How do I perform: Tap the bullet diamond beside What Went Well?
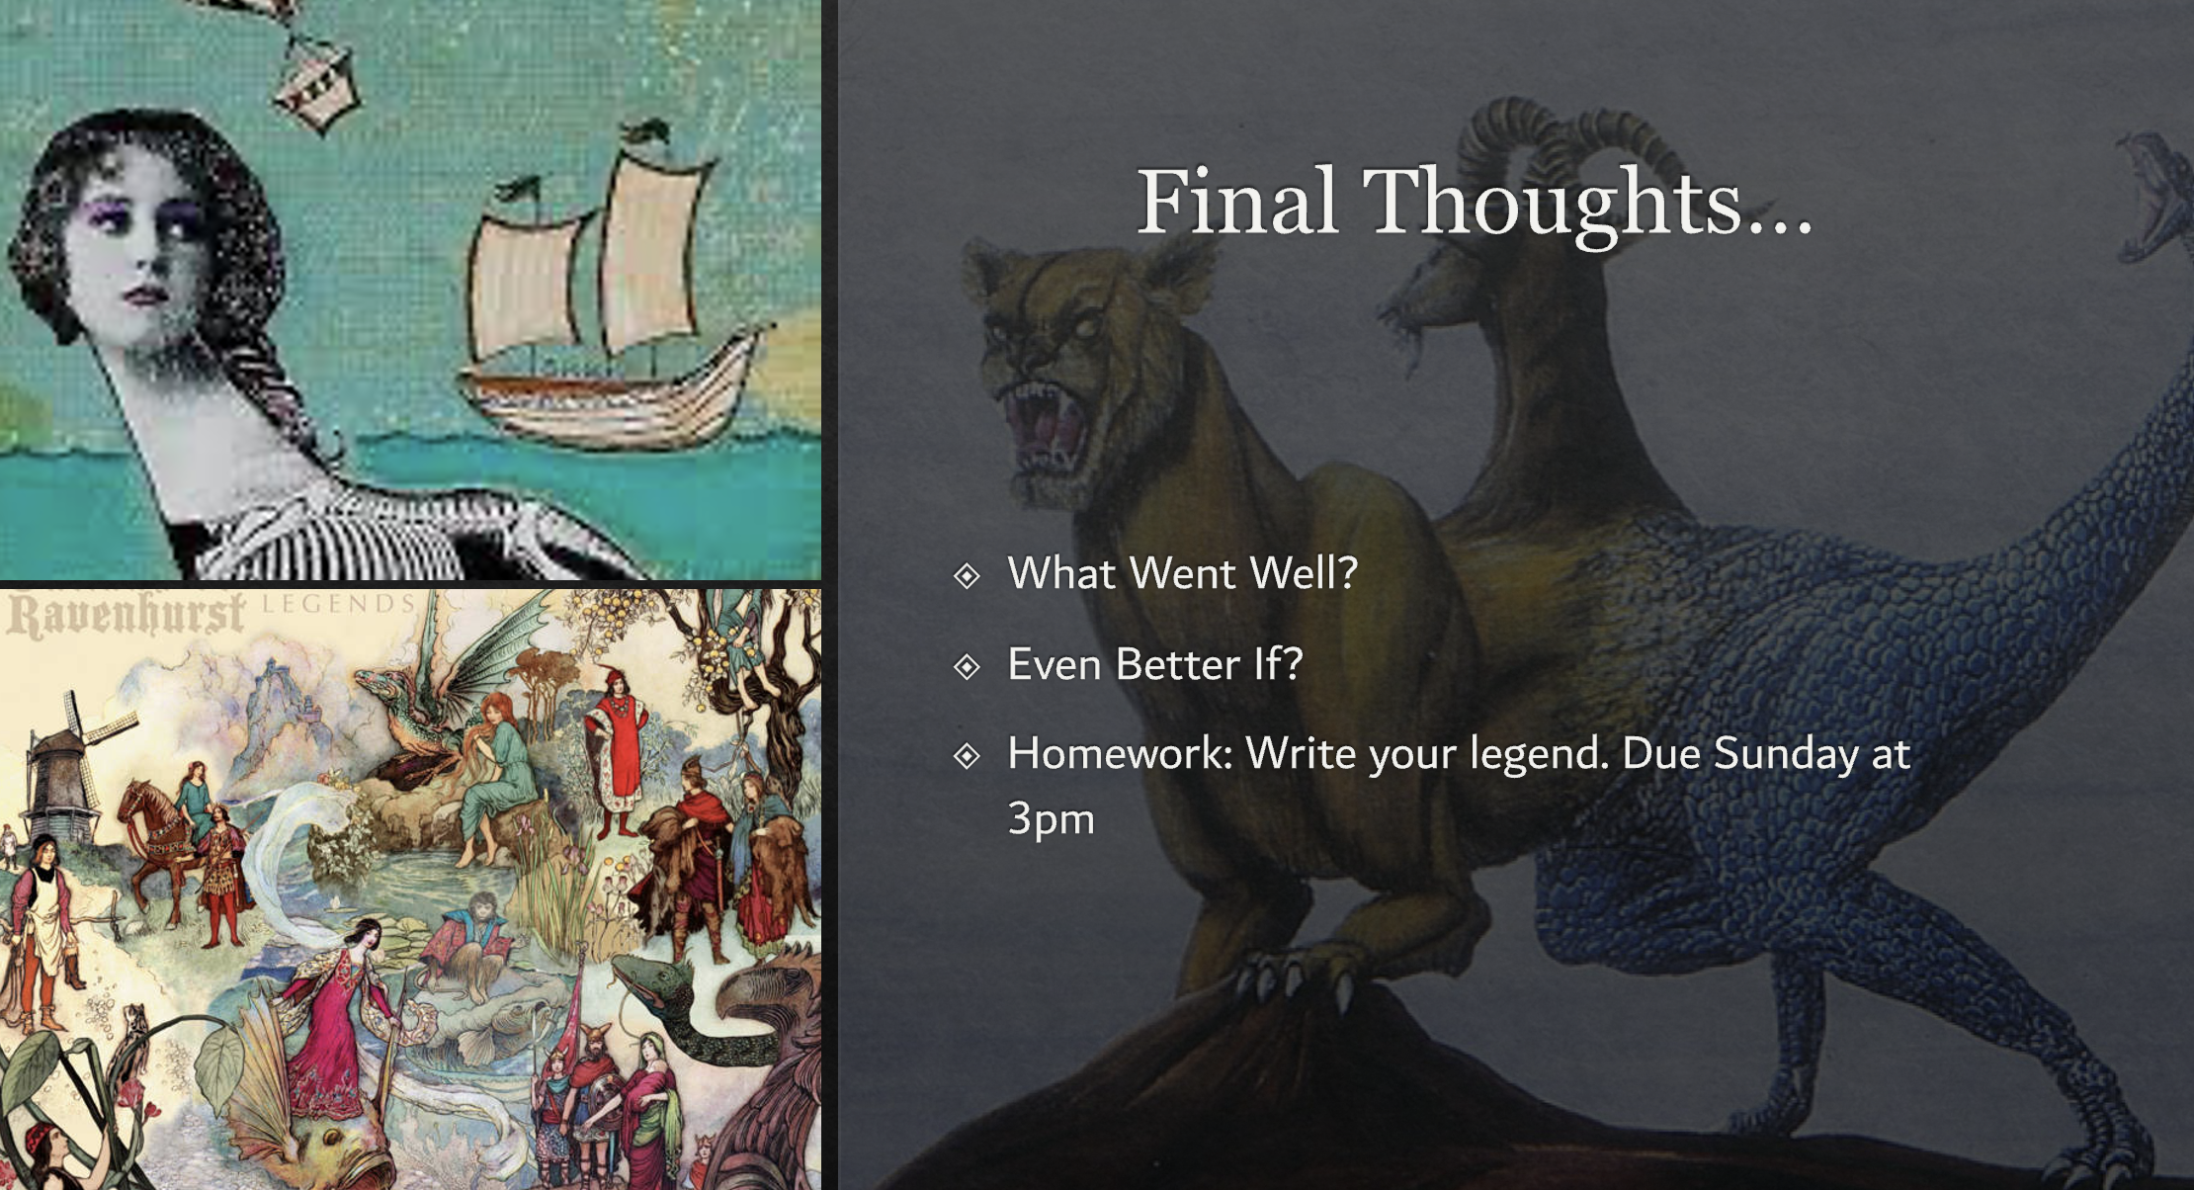click(x=967, y=575)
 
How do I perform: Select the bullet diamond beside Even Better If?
click(x=967, y=666)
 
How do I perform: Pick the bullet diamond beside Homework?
click(x=967, y=756)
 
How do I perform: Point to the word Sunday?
click(x=1786, y=754)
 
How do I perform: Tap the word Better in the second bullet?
click(x=1177, y=664)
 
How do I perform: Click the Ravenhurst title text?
click(x=127, y=615)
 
